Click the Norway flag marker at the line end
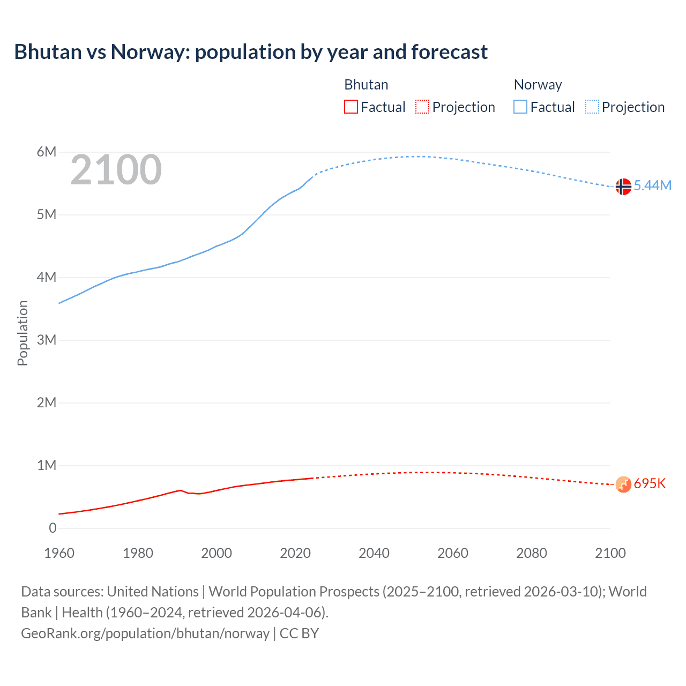[x=623, y=187]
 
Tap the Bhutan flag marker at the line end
[x=623, y=484]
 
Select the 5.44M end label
[x=652, y=185]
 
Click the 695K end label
[x=650, y=483]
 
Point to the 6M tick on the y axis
[x=47, y=152]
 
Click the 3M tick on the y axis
[x=47, y=340]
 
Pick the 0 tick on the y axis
[x=53, y=528]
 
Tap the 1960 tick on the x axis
[x=59, y=553]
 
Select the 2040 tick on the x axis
[x=374, y=553]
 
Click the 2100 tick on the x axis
[x=610, y=553]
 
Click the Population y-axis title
[x=23, y=333]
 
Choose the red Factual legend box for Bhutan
[x=351, y=107]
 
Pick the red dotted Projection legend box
[x=422, y=107]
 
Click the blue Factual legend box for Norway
[x=520, y=107]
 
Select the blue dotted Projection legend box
[x=592, y=107]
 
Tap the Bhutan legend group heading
[x=366, y=85]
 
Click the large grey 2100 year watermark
[x=116, y=170]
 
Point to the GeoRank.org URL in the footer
[x=145, y=633]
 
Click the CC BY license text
[x=299, y=633]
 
